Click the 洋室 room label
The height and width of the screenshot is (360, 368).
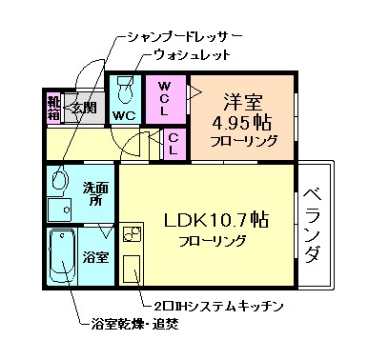click(245, 99)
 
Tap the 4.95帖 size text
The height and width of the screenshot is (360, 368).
click(245, 121)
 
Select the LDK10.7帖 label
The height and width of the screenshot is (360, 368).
click(217, 218)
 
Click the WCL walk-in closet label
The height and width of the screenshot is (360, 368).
click(165, 97)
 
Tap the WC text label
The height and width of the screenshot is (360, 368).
click(124, 115)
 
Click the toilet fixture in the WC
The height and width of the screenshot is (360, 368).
click(125, 91)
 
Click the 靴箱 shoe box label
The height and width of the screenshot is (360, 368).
click(53, 108)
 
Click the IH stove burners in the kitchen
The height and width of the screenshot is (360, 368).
click(133, 231)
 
